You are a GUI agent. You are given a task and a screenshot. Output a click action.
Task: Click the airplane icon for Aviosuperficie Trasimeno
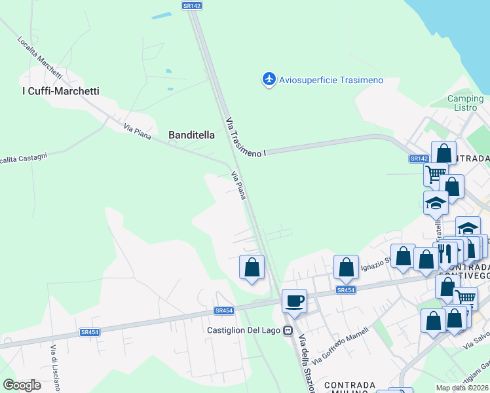[x=269, y=79]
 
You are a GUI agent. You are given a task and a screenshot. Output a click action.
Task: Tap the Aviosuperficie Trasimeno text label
[x=331, y=80]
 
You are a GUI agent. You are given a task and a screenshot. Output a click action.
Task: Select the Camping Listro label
[x=465, y=103]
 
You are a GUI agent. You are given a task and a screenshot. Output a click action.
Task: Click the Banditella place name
[x=192, y=135]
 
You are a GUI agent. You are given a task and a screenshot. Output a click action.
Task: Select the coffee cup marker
[x=294, y=302]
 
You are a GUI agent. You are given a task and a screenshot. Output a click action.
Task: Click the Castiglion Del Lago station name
[x=244, y=329]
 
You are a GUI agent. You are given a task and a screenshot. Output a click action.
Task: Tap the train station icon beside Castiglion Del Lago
[x=288, y=330]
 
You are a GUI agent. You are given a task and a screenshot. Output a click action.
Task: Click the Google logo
[x=22, y=385]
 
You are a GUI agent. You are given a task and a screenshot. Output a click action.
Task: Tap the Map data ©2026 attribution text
[x=462, y=388]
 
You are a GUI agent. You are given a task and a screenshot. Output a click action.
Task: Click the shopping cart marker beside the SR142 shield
[x=435, y=174]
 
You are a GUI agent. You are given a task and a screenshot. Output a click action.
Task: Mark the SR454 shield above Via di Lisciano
[x=89, y=332]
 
